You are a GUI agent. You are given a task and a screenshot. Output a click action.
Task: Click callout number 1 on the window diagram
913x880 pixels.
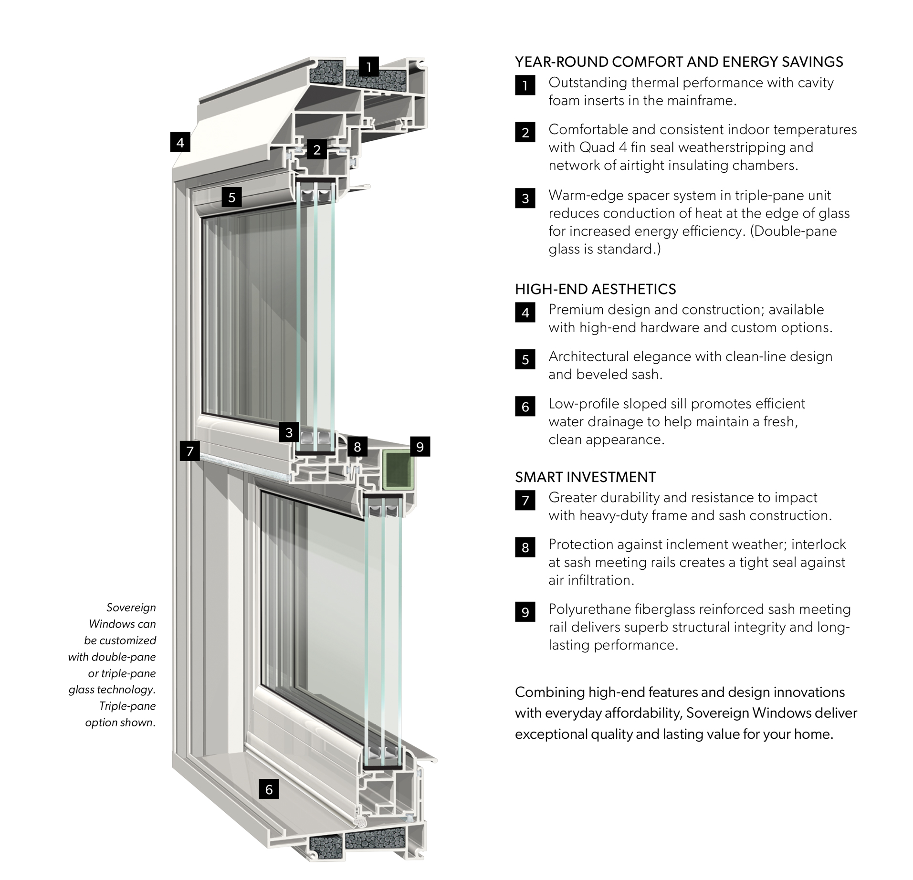point(368,67)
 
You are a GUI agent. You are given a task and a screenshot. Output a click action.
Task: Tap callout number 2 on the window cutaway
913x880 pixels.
point(317,150)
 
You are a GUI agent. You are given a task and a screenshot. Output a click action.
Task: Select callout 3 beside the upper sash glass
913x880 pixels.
point(289,433)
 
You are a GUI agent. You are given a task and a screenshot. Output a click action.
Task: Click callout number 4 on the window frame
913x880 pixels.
point(180,142)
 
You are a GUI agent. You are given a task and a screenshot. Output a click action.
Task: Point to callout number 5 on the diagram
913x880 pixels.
point(231,197)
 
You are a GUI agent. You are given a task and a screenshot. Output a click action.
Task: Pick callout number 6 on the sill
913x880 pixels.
point(269,789)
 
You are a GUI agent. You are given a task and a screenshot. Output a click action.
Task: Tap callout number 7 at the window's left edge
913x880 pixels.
point(190,450)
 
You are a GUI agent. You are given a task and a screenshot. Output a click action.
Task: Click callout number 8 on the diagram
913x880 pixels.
point(357,447)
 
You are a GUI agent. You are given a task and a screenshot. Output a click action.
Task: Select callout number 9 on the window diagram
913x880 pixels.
point(420,447)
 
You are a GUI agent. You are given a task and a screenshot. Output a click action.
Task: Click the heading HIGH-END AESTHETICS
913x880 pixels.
point(595,289)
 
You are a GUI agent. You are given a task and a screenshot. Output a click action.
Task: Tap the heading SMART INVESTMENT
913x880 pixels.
point(585,477)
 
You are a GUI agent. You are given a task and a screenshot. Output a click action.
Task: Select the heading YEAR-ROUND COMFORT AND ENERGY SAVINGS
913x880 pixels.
point(679,62)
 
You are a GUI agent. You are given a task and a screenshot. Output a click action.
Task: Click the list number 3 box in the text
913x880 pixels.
point(525,198)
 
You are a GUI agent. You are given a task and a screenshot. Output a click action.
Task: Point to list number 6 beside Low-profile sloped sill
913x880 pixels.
point(525,407)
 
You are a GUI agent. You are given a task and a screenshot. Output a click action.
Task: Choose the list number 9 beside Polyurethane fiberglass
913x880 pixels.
point(525,612)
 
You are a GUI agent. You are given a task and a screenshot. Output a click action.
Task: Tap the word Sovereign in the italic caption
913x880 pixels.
point(131,608)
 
